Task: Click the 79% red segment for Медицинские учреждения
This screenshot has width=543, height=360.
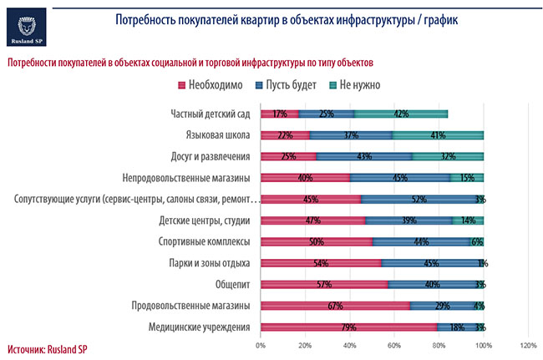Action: coord(348,327)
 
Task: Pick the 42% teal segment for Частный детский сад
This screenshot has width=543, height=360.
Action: coord(401,113)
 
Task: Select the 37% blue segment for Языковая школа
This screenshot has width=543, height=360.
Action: coord(351,134)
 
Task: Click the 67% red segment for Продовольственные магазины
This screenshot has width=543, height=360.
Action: coord(335,306)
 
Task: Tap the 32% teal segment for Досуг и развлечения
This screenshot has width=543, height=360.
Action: coord(448,156)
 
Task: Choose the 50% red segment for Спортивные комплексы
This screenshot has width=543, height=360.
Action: coord(316,241)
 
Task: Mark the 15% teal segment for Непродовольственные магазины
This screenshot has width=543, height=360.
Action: coord(467,177)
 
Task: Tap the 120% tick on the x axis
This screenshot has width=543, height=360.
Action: coord(528,344)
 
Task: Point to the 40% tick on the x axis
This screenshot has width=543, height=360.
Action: coord(350,344)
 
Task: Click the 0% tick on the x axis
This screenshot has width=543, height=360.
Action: coord(261,344)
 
